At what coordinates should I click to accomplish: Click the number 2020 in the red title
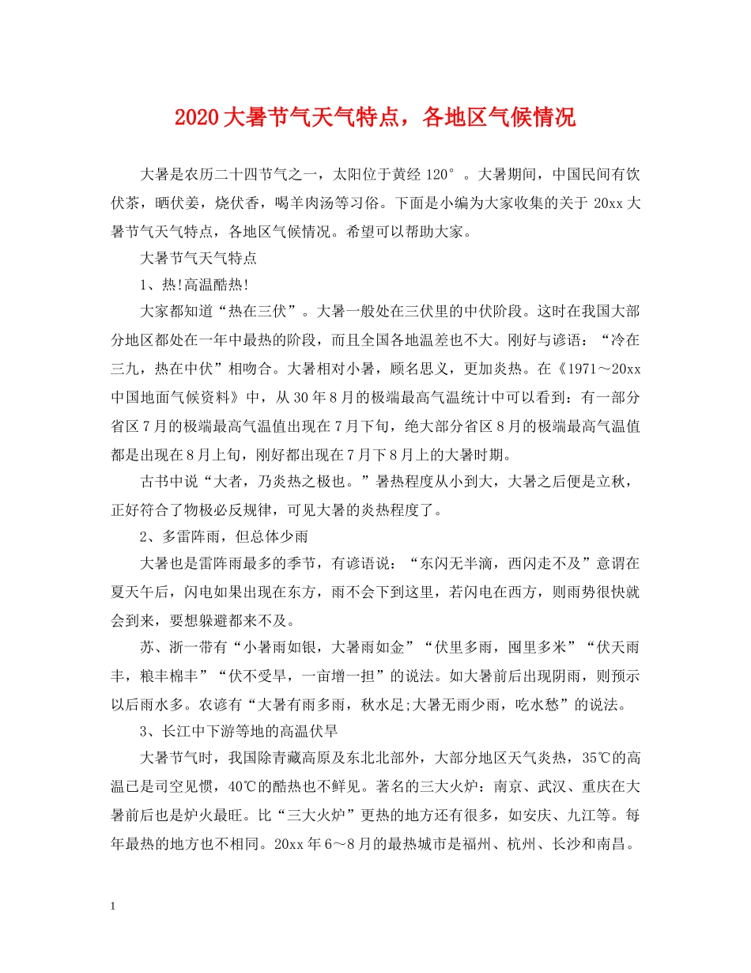[198, 119]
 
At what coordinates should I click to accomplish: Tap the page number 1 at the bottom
[115, 905]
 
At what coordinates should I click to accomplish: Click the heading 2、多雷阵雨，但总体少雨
[223, 536]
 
